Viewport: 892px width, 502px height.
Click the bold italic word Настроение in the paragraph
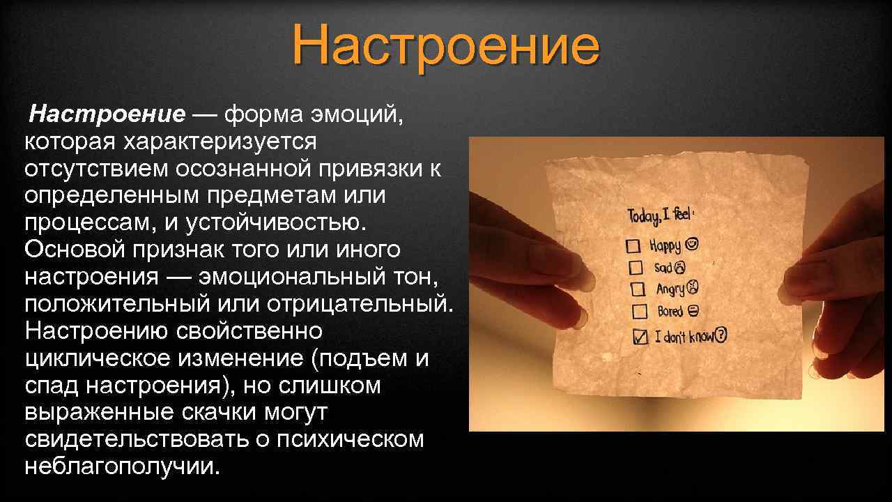click(107, 113)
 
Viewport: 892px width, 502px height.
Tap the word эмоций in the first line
click(359, 113)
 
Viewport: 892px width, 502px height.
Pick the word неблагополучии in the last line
click(121, 466)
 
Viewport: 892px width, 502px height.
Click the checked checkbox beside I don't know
click(640, 337)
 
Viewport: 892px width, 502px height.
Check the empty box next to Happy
click(633, 246)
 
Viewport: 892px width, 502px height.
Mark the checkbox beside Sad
click(636, 267)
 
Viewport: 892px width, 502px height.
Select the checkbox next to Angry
click(637, 289)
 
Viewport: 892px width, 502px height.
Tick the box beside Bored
click(639, 311)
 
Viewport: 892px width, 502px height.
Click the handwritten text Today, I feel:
click(661, 214)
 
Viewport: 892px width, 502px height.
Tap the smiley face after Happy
click(692, 244)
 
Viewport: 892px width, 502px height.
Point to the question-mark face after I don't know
click(721, 335)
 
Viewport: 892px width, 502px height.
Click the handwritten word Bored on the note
click(670, 311)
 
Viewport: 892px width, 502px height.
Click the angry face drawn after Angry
click(693, 287)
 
